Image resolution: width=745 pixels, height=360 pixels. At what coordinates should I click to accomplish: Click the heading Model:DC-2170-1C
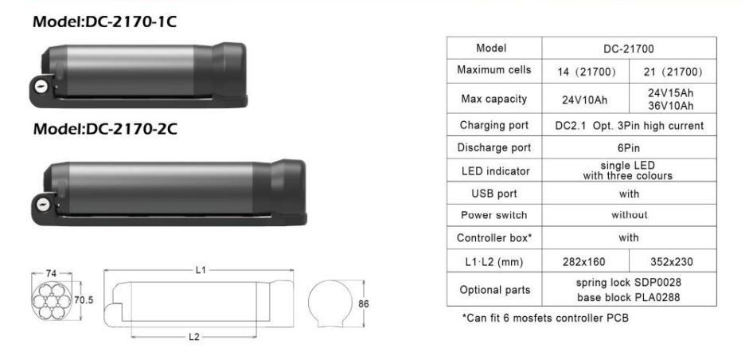coord(104,22)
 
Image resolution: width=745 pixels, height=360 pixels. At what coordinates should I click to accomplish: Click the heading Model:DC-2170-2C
coord(105,129)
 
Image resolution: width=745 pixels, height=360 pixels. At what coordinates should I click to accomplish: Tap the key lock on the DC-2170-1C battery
coord(41,86)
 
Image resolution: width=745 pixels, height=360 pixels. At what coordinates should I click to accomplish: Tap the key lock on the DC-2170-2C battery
coord(43,205)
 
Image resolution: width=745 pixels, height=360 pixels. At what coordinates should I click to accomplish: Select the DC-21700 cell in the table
coord(629,49)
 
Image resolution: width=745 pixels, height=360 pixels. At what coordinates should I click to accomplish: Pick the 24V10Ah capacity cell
coord(584,100)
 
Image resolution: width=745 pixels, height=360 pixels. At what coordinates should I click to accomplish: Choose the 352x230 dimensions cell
coord(673,261)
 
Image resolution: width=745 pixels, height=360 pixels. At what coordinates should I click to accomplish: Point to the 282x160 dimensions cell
coord(585,261)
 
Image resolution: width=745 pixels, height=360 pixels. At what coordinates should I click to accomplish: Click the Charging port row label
coord(494,126)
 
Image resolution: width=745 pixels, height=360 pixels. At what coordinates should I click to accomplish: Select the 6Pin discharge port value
coord(629,148)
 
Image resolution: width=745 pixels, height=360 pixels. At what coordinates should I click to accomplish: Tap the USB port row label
coord(494,194)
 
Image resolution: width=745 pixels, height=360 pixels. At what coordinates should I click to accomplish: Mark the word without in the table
coord(629,215)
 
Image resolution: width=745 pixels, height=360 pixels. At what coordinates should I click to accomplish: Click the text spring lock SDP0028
coord(629,283)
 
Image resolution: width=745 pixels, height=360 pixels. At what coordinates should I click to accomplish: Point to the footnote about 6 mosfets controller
coord(545,318)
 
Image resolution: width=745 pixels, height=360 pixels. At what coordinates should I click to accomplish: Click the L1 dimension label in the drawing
coord(201,270)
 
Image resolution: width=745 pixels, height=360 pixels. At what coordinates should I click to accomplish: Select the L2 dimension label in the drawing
coord(193,337)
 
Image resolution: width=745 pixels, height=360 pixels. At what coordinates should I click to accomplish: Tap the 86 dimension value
coord(364,304)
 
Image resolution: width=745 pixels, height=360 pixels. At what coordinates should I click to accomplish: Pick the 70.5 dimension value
coord(84,300)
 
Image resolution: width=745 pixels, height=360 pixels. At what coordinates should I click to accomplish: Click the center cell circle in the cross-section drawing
coord(51,301)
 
